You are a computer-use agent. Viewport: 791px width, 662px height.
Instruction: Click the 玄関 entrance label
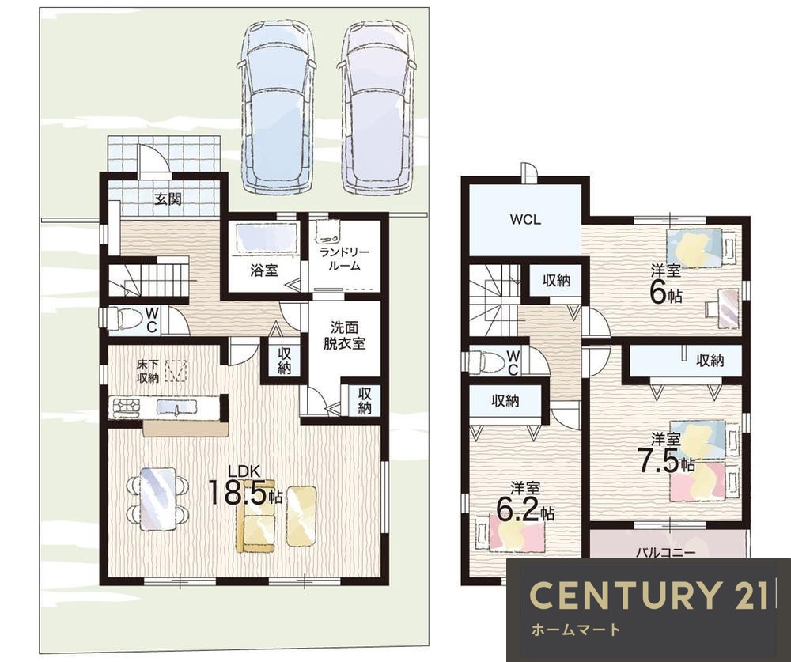pyautogui.click(x=168, y=199)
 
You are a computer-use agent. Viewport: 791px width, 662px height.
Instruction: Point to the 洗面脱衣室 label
pyautogui.click(x=345, y=335)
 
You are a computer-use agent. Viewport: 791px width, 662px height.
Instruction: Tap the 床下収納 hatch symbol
pyautogui.click(x=176, y=371)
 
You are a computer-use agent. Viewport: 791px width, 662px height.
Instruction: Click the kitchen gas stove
pyautogui.click(x=126, y=407)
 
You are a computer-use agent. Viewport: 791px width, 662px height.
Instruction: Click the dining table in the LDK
pyautogui.click(x=158, y=499)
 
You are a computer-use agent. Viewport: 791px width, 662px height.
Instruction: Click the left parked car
pyautogui.click(x=278, y=107)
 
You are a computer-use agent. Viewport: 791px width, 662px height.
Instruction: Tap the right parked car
pyautogui.click(x=378, y=107)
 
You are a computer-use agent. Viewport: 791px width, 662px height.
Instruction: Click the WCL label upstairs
pyautogui.click(x=525, y=220)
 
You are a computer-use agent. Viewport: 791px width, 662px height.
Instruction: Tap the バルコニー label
pyautogui.click(x=665, y=553)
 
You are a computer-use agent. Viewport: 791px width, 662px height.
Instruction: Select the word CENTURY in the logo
pyautogui.click(x=624, y=595)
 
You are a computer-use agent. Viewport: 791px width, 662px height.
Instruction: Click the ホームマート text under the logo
pyautogui.click(x=575, y=630)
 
